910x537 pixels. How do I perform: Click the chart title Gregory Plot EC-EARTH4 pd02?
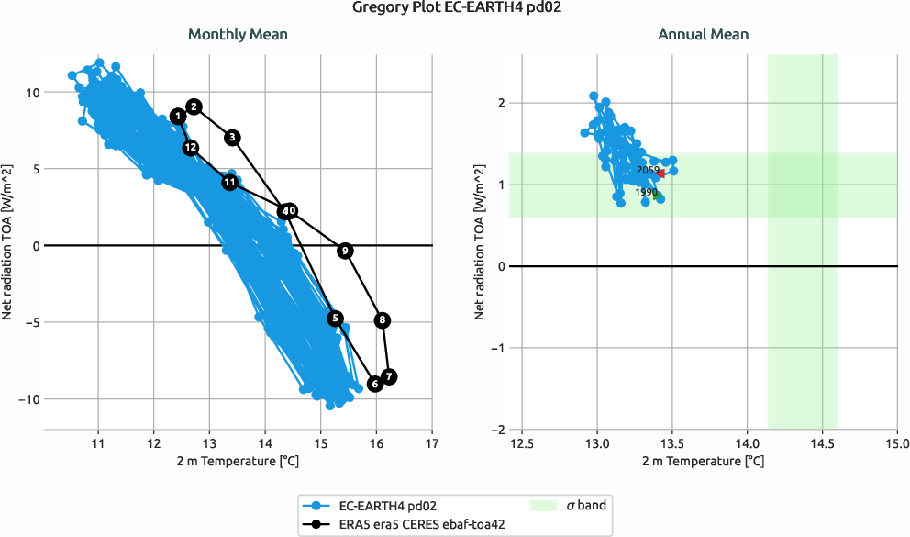pos(455,8)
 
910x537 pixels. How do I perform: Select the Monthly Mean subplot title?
pos(238,35)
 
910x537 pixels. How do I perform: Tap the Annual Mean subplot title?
pos(703,35)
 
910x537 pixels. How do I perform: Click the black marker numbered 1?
pos(177,116)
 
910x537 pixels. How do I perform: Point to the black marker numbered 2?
pos(194,106)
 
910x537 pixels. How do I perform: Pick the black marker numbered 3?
pos(232,138)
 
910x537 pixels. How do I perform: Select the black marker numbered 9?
pos(345,251)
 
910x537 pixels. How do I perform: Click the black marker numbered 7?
pos(389,376)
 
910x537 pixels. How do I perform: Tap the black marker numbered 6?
pos(374,384)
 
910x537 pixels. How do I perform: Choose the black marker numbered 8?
pos(383,320)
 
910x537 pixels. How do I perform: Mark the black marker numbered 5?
pos(336,318)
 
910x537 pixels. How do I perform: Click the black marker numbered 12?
pos(190,147)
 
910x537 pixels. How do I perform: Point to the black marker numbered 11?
pos(229,183)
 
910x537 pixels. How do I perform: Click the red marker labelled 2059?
pos(660,173)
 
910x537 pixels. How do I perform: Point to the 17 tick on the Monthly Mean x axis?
pos(432,444)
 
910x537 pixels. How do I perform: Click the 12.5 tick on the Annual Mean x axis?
pos(522,444)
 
